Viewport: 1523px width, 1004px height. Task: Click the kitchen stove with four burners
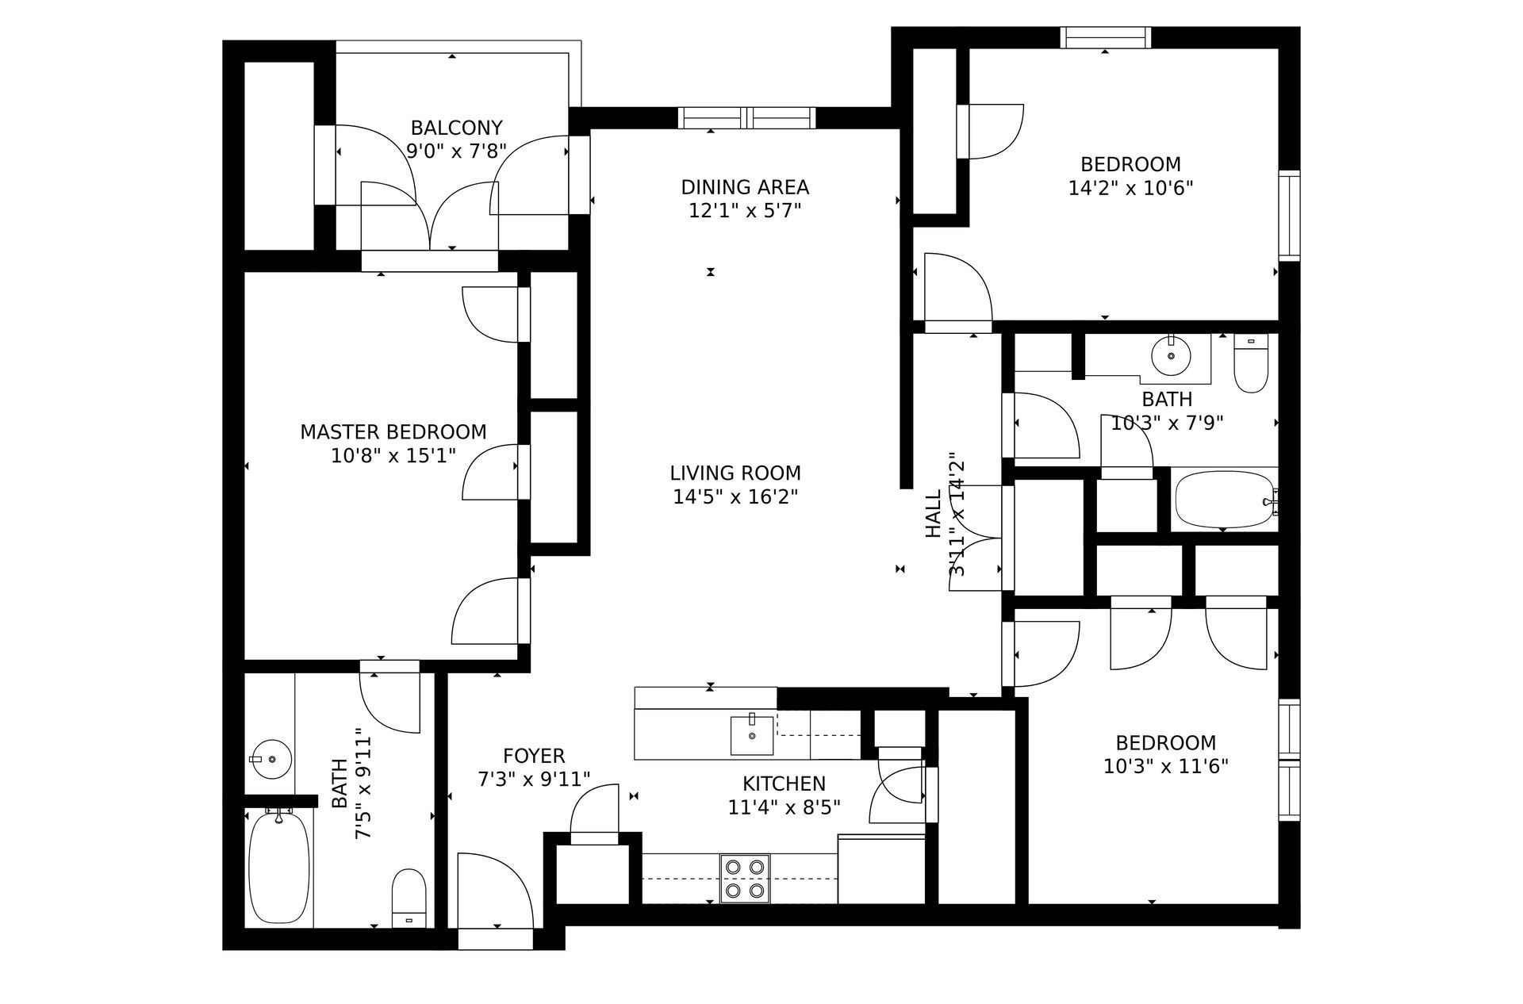pos(746,879)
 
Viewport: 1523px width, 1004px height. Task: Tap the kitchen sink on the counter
pos(752,735)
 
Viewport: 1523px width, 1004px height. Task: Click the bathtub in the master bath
pos(278,866)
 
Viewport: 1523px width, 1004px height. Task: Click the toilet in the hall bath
pos(1252,364)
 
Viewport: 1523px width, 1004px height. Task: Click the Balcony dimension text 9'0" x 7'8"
pos(456,151)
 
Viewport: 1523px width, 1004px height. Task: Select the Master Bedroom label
pos(393,432)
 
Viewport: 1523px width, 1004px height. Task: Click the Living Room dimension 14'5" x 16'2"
pos(735,497)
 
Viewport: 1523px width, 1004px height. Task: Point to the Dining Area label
pos(745,187)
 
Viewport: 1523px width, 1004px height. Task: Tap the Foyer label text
pos(534,756)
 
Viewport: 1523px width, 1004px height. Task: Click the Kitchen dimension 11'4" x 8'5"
pos(784,807)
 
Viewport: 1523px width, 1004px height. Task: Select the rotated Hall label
pos(934,513)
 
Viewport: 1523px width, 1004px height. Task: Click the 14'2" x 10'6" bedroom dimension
pos(1130,188)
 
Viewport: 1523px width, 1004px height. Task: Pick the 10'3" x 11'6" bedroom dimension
pos(1165,767)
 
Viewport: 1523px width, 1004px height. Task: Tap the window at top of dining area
pos(746,118)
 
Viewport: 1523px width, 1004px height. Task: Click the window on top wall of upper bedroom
pos(1106,37)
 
